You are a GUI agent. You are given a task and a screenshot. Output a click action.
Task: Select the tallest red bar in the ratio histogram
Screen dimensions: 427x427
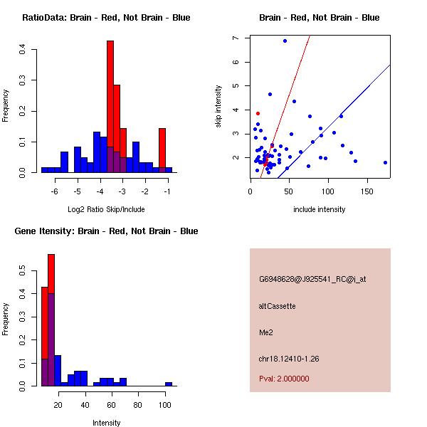[110, 107]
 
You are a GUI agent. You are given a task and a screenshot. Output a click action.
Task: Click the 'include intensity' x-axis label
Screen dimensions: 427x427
[320, 209]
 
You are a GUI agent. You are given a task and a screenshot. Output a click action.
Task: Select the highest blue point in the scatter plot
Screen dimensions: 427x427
[285, 41]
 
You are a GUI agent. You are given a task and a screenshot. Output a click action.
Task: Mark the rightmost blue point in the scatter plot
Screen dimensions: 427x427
[385, 162]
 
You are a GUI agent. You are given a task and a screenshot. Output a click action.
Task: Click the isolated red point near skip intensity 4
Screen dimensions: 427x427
[258, 113]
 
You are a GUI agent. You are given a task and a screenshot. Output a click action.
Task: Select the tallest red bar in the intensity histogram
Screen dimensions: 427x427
[51, 320]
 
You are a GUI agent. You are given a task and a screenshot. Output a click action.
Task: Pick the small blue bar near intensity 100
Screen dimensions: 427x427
[169, 384]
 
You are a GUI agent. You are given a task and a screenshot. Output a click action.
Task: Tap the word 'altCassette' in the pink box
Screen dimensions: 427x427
[277, 306]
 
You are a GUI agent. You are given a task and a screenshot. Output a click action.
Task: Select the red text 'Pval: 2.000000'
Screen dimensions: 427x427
[284, 379]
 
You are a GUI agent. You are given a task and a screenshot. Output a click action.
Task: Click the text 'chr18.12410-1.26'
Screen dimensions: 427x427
[288, 359]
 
